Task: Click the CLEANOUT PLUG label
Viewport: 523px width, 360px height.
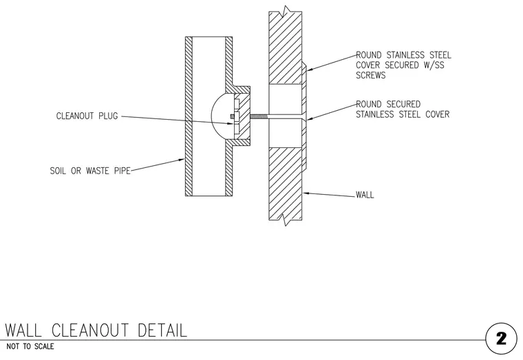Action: (x=87, y=116)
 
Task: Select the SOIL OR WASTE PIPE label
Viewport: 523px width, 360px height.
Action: (x=90, y=171)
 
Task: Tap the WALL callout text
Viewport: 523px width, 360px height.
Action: (x=365, y=195)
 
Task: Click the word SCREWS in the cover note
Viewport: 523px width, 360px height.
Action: (x=370, y=76)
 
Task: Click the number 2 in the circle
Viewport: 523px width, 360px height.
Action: (x=501, y=339)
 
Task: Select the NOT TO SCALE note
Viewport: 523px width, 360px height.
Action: (x=30, y=347)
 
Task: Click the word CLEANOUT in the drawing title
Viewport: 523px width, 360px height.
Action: (x=90, y=330)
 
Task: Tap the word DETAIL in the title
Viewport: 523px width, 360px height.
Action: (x=162, y=330)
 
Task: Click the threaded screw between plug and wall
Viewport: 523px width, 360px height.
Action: (x=259, y=116)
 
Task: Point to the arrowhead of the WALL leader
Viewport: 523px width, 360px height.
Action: (x=305, y=193)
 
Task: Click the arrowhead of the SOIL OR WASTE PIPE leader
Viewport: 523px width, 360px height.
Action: (x=182, y=160)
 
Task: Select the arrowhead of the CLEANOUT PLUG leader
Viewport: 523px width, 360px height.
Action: (x=230, y=124)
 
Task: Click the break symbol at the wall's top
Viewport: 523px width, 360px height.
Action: (x=286, y=11)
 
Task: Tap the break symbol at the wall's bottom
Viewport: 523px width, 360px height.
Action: (x=286, y=220)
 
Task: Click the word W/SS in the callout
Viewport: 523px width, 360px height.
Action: (x=434, y=65)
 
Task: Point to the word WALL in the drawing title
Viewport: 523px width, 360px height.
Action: (x=23, y=330)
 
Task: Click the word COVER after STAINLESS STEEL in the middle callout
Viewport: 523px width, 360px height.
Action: (x=438, y=114)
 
